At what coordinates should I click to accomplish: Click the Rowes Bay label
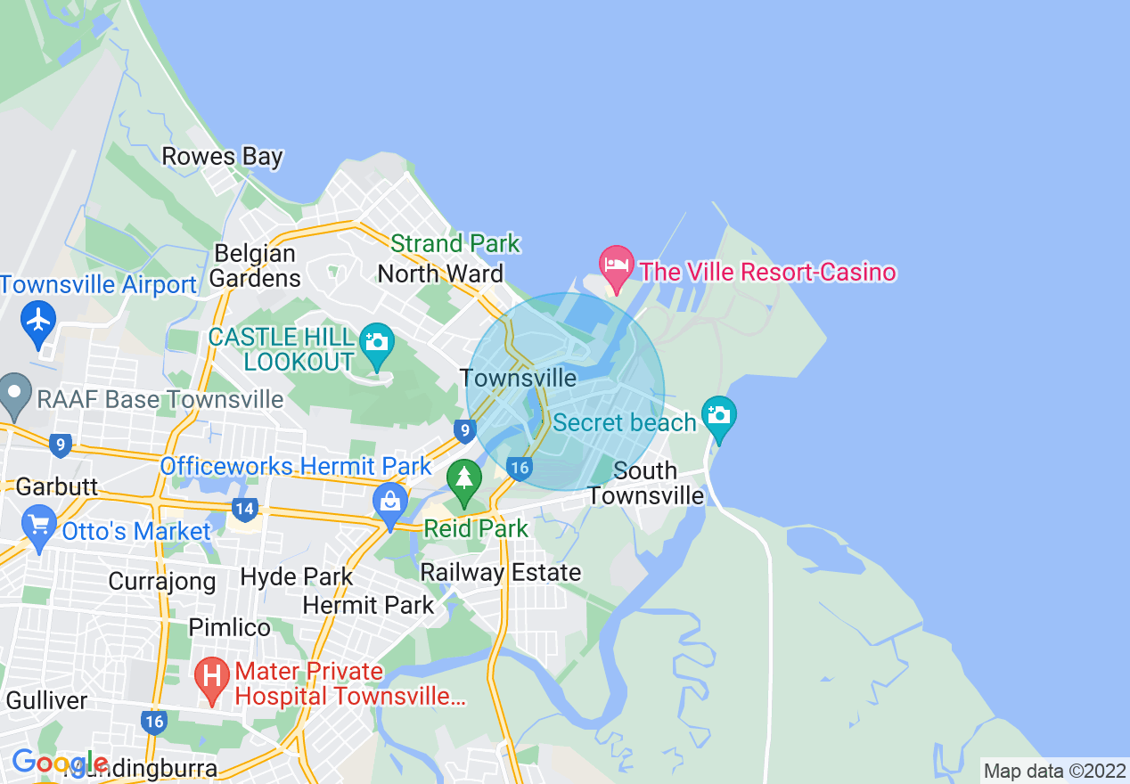(x=222, y=157)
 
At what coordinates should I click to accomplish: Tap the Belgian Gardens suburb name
(x=255, y=265)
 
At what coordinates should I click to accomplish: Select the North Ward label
(x=440, y=274)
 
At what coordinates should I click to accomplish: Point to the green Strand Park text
(x=455, y=243)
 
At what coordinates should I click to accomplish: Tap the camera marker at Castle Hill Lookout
(x=377, y=343)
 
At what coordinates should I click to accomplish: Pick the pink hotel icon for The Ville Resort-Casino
(x=616, y=265)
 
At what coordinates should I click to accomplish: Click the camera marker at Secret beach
(x=718, y=415)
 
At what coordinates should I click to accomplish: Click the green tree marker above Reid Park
(x=463, y=478)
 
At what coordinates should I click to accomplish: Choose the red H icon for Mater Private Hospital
(x=212, y=677)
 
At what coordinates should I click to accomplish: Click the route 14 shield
(x=244, y=510)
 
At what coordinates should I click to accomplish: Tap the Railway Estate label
(x=501, y=572)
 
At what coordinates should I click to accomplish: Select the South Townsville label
(x=646, y=483)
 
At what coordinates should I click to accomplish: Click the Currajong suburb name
(x=162, y=582)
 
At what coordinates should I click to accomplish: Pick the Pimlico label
(x=229, y=627)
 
